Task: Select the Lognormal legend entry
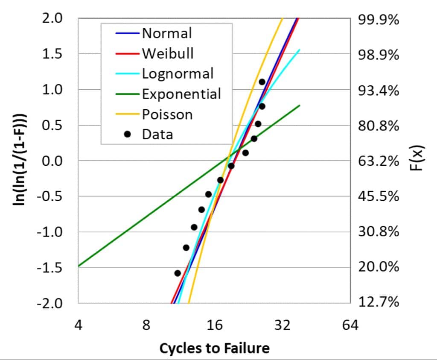point(178,73)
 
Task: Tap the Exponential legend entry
point(181,94)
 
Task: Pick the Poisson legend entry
point(167,114)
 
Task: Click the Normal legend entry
point(167,33)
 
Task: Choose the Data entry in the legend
point(157,135)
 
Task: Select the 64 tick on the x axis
point(350,325)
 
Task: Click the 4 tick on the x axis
point(78,325)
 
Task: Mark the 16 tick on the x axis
point(214,325)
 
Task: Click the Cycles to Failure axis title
point(214,348)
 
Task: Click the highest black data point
point(262,82)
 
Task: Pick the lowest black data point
point(178,273)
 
